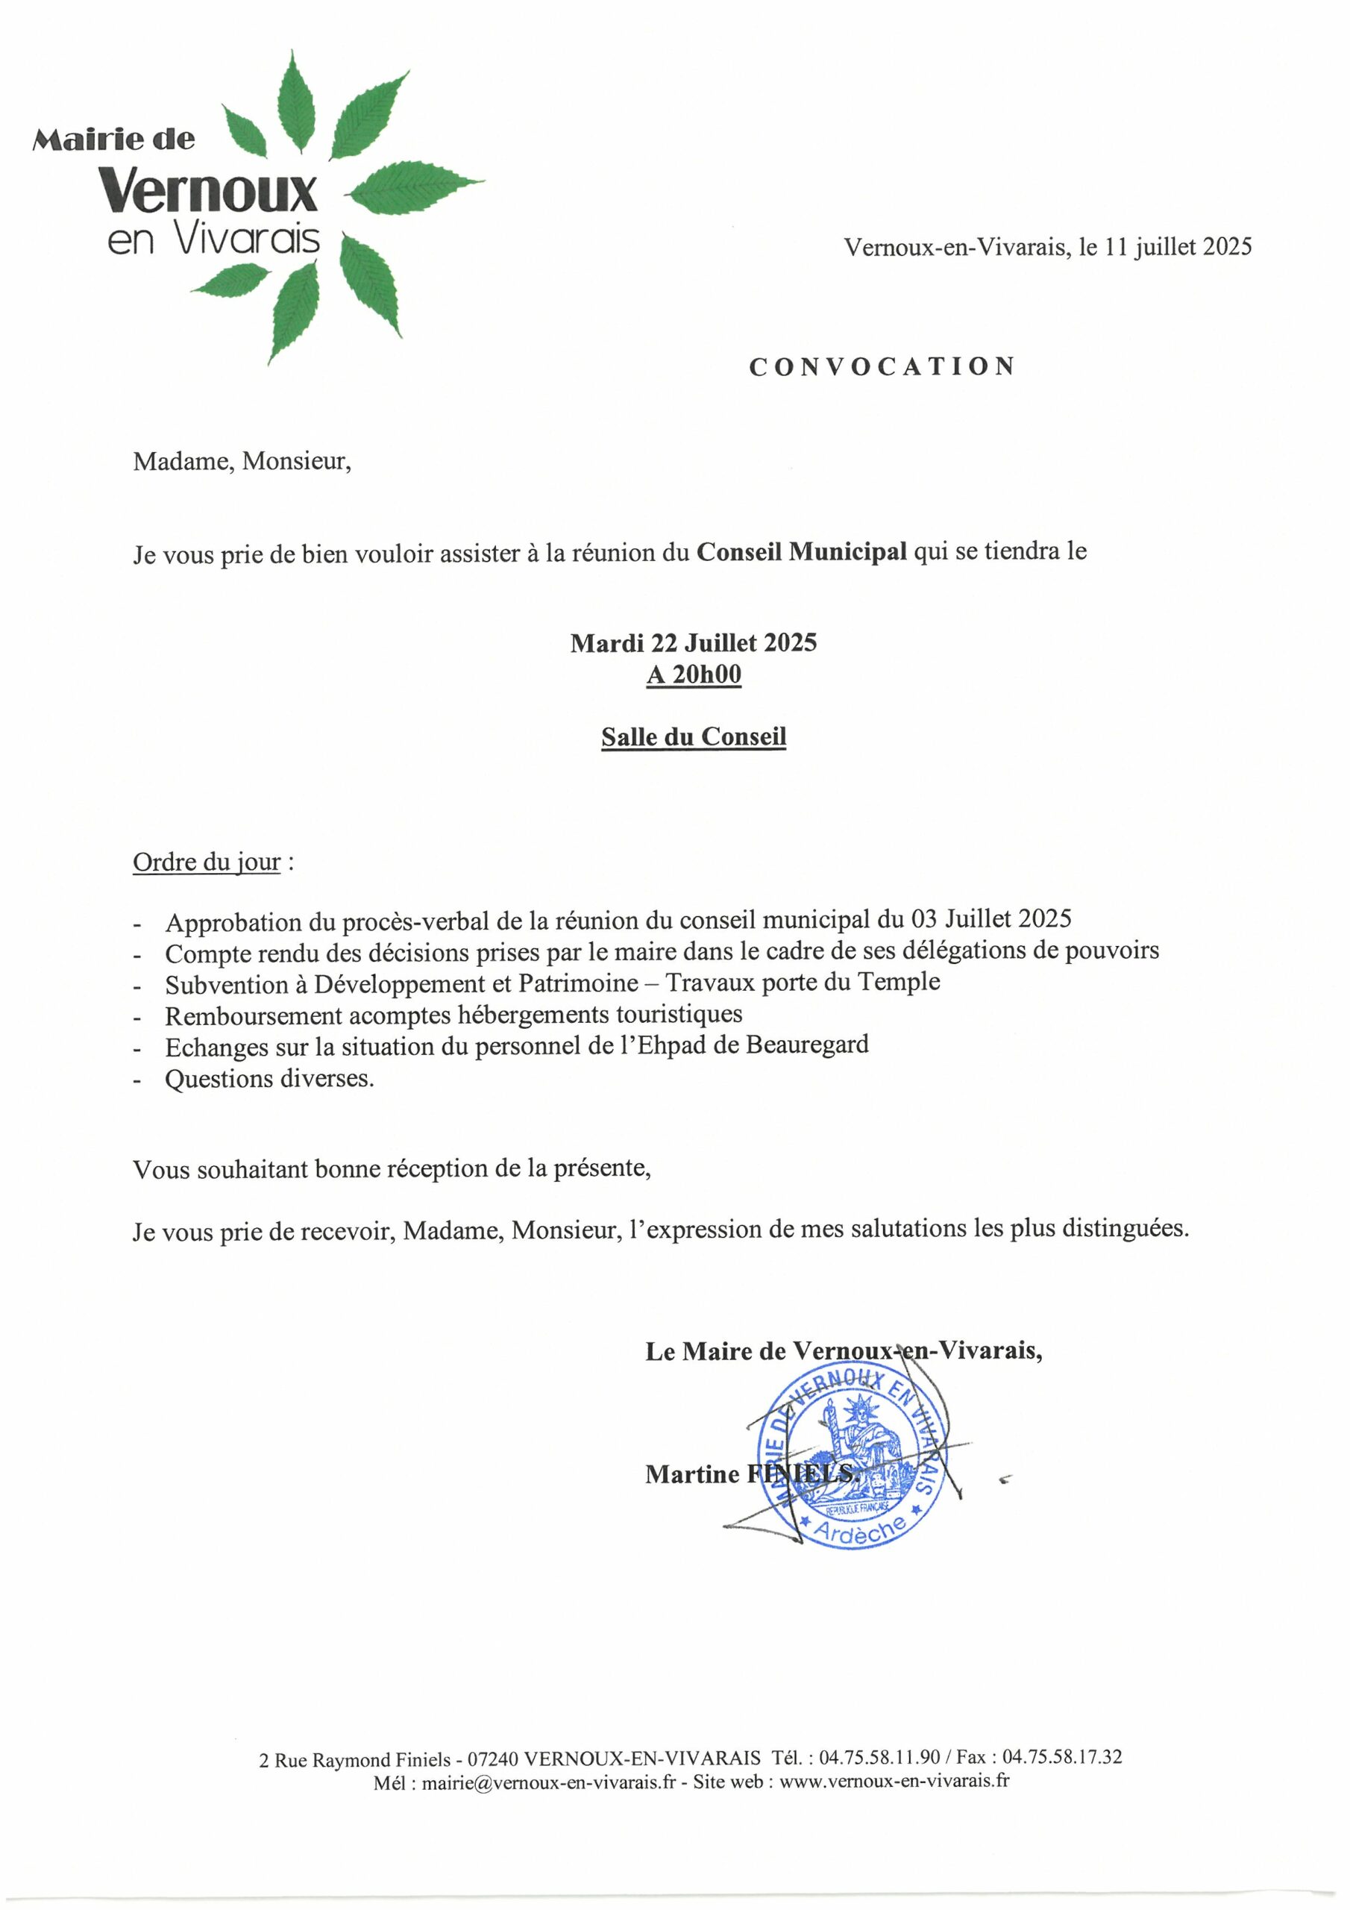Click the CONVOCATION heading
click(x=882, y=367)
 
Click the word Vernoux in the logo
click(x=209, y=190)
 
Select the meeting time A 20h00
click(x=694, y=674)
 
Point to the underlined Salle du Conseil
click(x=694, y=737)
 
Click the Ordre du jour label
click(x=207, y=862)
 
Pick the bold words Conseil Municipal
click(x=801, y=551)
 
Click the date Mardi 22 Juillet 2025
click(x=694, y=643)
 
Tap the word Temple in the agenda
click(x=900, y=983)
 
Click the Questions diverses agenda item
click(x=269, y=1079)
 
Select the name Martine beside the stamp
click(x=692, y=1474)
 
